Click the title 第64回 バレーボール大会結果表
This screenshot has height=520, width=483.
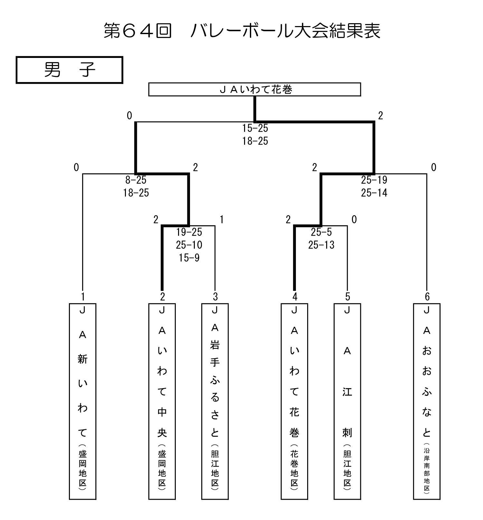242,31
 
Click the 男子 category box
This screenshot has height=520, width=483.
70,70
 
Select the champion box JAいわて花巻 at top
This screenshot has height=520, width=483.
254,89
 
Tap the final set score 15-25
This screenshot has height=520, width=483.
255,128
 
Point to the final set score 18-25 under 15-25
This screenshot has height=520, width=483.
255,141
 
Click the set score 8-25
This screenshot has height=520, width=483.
136,180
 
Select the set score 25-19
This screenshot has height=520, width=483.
374,180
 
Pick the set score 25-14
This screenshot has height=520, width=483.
374,193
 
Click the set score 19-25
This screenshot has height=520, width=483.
189,232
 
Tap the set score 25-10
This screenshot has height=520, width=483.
189,245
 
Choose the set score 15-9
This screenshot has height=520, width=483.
189,258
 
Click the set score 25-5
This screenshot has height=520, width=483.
321,232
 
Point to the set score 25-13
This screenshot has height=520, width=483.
321,245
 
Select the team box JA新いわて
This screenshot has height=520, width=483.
83,401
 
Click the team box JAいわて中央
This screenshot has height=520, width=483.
162,401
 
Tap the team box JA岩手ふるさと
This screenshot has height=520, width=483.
215,401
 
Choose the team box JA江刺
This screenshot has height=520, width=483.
347,401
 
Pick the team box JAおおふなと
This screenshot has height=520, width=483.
427,401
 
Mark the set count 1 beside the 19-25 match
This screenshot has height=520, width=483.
222,220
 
